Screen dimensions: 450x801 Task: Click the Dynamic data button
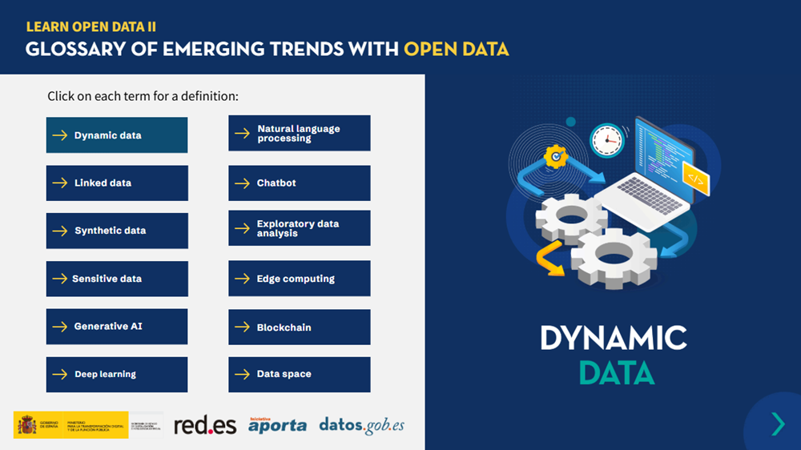[117, 135]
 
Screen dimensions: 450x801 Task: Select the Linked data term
[117, 183]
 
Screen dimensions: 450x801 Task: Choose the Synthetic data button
[117, 231]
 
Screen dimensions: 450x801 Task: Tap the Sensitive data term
[117, 279]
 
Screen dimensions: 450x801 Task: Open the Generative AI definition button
[117, 327]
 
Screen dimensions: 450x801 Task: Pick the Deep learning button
[117, 374]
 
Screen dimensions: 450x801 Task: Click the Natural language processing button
[300, 134]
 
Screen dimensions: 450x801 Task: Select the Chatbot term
[300, 183]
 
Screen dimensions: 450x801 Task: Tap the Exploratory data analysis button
[300, 228]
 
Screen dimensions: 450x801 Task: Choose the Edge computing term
[300, 279]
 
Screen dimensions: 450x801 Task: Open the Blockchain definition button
[300, 327]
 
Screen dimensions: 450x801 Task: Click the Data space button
[300, 374]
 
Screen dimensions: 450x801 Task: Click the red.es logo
[205, 425]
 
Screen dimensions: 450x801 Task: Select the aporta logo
[277, 424]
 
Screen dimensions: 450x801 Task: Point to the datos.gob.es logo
[361, 425]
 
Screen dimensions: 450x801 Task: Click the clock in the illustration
[606, 141]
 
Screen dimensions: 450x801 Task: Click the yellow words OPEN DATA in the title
[456, 49]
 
